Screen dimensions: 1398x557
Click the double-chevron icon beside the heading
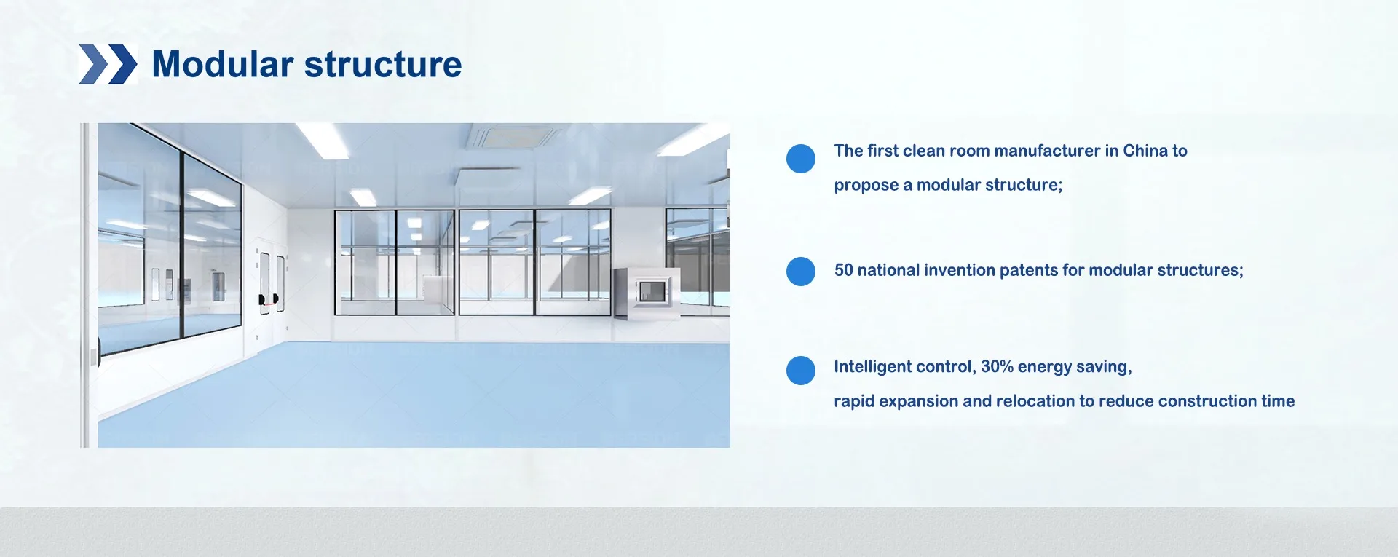pos(108,64)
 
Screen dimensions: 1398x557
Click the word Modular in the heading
pos(222,64)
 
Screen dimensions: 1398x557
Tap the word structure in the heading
pos(383,65)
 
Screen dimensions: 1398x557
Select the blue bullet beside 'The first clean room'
pos(801,159)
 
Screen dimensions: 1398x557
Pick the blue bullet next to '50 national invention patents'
pos(801,272)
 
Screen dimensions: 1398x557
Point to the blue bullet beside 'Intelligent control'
pos(801,371)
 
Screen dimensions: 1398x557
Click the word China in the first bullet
pos(1145,151)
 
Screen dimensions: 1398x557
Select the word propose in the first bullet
pos(866,186)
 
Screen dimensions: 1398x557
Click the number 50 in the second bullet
pos(843,270)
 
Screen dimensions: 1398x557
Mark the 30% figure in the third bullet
pos(997,366)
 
